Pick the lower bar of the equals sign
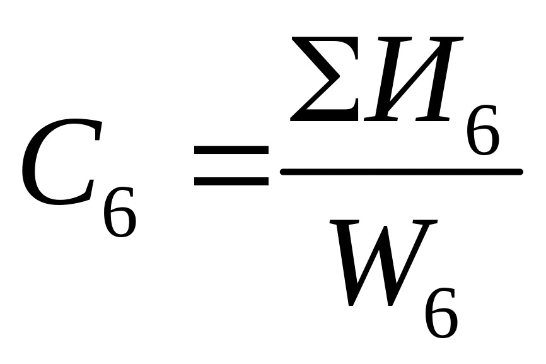tap(231, 180)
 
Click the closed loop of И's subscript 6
tap(484, 140)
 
